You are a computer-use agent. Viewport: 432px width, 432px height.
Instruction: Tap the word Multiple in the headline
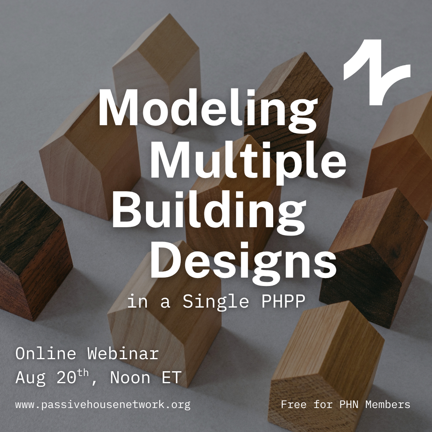248,161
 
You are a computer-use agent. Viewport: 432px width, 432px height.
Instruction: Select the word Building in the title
209,212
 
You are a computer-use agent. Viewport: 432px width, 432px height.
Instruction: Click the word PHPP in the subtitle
283,301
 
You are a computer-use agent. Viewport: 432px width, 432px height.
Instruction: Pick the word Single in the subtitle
216,302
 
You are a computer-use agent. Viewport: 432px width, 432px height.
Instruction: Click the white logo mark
377,72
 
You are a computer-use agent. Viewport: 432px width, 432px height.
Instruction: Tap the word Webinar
123,354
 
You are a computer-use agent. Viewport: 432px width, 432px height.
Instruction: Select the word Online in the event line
46,354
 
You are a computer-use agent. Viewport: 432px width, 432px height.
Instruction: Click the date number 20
66,377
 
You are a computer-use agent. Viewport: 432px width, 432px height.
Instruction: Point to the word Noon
130,377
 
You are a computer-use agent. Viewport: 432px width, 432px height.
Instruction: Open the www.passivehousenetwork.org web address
103,405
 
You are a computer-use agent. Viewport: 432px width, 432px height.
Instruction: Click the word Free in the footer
294,404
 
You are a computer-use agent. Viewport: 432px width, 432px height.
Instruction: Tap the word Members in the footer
388,404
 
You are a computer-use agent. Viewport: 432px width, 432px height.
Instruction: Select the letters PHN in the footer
349,404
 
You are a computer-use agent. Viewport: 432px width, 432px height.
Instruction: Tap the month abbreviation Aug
30,378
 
